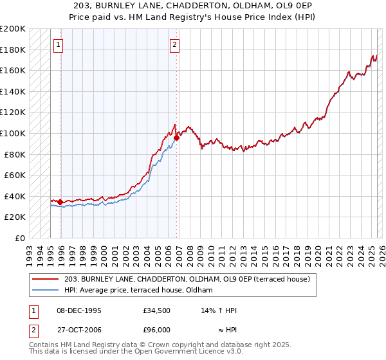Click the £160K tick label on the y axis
[x=13, y=70]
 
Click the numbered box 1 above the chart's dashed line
[x=59, y=44]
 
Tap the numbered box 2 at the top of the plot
[x=175, y=44]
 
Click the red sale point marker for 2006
[x=176, y=137]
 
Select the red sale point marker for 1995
[x=60, y=202]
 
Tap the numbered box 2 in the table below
[x=32, y=329]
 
